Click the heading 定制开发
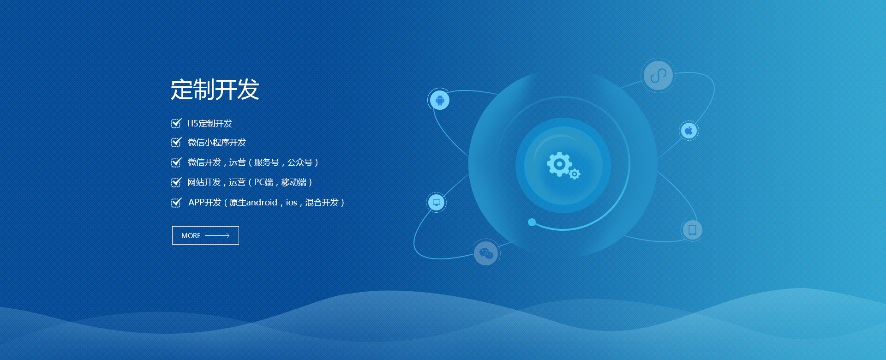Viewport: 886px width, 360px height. [x=215, y=90]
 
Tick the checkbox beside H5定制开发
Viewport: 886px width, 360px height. [x=176, y=123]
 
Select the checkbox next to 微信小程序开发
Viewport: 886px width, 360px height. [x=176, y=142]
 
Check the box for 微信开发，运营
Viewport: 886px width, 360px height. [x=176, y=162]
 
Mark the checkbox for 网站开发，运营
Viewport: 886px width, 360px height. [x=176, y=182]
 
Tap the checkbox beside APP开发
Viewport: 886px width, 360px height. [x=176, y=203]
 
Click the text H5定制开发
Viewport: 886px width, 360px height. [x=210, y=123]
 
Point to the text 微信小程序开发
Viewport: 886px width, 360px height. [x=216, y=143]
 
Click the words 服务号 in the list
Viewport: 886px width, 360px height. [x=266, y=162]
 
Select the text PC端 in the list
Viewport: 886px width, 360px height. [x=263, y=182]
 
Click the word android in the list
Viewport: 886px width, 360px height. [x=262, y=202]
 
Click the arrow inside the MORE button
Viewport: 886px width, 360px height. [x=217, y=235]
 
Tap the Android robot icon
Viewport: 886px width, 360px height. [x=440, y=100]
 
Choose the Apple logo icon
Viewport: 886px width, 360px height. [x=689, y=131]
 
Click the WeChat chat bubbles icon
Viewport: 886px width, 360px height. [x=486, y=253]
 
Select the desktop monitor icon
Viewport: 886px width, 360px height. [x=437, y=202]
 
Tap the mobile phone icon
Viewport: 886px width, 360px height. [x=692, y=229]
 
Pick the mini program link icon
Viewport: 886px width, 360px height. [x=658, y=75]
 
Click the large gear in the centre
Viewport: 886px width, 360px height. [x=559, y=164]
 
